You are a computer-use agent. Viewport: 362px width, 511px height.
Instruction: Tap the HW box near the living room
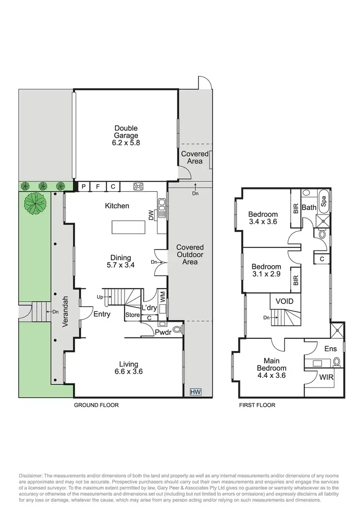(195, 391)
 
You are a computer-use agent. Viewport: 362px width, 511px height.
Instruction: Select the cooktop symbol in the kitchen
(139, 187)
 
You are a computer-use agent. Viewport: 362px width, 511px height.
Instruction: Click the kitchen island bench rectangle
(129, 227)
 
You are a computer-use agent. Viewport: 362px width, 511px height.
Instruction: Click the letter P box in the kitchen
(83, 187)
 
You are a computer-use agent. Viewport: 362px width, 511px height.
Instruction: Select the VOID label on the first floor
(284, 301)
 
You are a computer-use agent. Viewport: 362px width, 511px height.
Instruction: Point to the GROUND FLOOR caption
(96, 405)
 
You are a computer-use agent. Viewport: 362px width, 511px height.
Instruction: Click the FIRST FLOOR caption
(257, 405)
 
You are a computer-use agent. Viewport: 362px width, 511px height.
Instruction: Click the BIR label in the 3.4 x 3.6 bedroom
(296, 208)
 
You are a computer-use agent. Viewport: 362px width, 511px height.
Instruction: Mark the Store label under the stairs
(133, 315)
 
